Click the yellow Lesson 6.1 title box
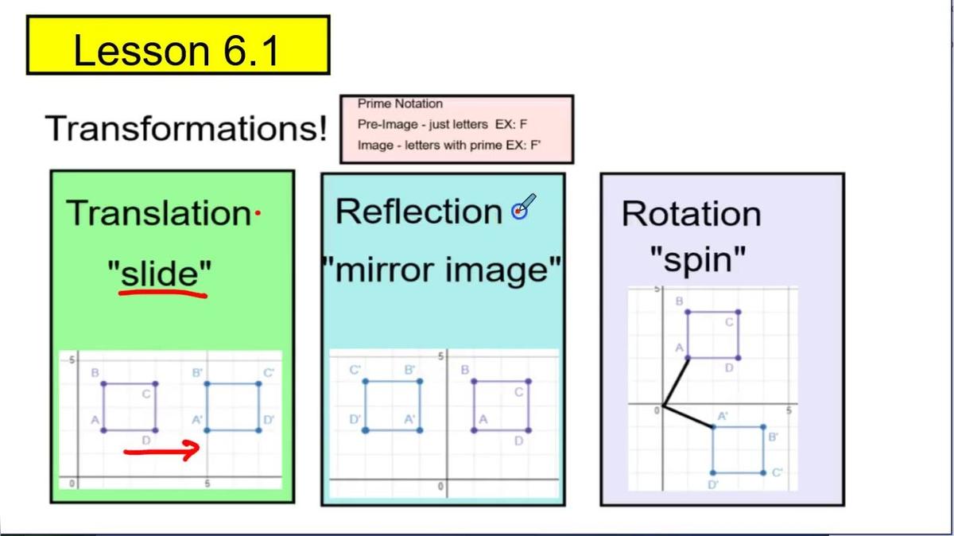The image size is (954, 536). pyautogui.click(x=178, y=46)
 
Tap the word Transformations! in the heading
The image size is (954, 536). pyautogui.click(x=186, y=128)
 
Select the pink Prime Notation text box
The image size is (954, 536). pyautogui.click(x=456, y=129)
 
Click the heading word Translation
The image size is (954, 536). pyautogui.click(x=158, y=213)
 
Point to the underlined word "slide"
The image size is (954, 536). pyautogui.click(x=161, y=274)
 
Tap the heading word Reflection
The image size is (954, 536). pyautogui.click(x=418, y=212)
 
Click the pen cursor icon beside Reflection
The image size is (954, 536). pyautogui.click(x=522, y=208)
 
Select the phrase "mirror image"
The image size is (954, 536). pyautogui.click(x=442, y=271)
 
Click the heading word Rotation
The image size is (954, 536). pyautogui.click(x=691, y=214)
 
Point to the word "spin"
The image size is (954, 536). pyautogui.click(x=698, y=259)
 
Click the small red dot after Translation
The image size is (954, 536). pyautogui.click(x=257, y=213)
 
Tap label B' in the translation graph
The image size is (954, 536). pyautogui.click(x=197, y=372)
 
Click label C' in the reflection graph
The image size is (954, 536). pyautogui.click(x=355, y=370)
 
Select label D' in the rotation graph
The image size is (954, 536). pyautogui.click(x=713, y=484)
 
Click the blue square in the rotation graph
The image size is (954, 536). pyautogui.click(x=739, y=449)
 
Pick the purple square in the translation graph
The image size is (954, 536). pyautogui.click(x=129, y=407)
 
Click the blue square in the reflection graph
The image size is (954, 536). pyautogui.click(x=391, y=406)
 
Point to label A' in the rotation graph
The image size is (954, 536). pyautogui.click(x=723, y=416)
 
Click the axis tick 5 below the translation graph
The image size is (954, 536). pyautogui.click(x=207, y=483)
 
